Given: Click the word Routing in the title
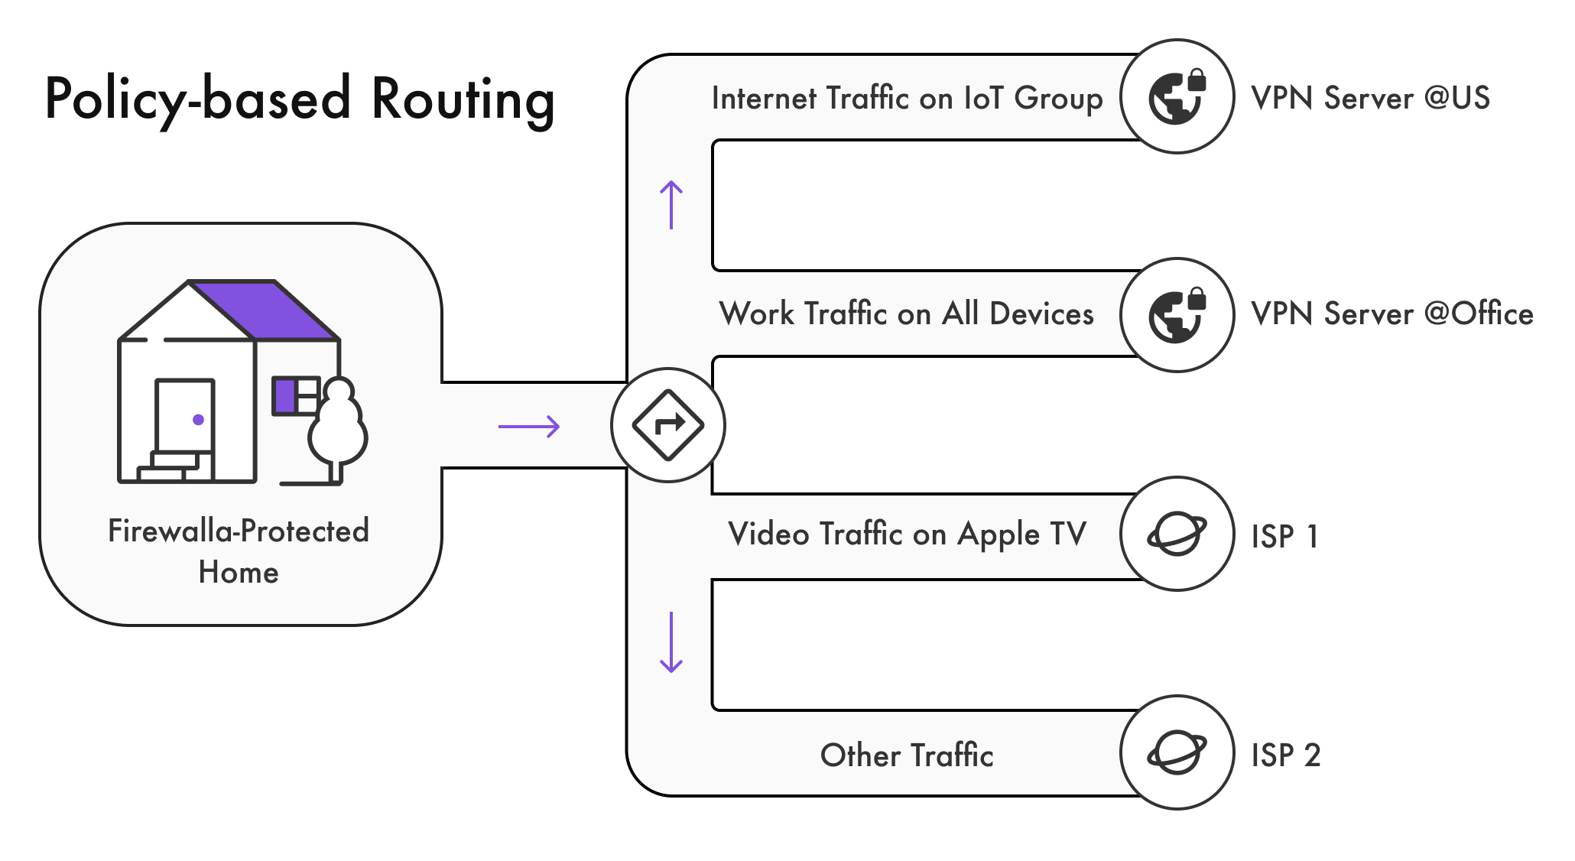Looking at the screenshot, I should coord(463,99).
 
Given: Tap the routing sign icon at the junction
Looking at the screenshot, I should coord(668,425).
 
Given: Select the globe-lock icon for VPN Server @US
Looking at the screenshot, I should coord(1177,96).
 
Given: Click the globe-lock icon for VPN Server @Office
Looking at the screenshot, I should coord(1177,315).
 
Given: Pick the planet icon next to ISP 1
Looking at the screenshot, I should coord(1177,534).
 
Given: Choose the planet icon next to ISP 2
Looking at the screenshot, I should coord(1177,752).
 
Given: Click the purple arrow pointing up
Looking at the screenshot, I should coord(671,205).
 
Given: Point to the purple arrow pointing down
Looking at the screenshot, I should coord(671,642).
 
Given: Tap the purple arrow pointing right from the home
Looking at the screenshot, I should coord(529,426).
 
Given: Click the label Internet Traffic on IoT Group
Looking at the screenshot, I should coord(907,99).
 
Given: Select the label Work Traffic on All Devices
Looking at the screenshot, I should coord(907,314).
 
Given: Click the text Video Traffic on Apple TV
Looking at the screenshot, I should coord(907,534).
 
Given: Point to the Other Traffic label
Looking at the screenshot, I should coord(907,755).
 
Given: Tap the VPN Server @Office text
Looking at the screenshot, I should coord(1392,314).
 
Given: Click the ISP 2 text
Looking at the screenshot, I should coord(1285,755).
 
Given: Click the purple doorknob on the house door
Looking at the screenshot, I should coord(198,420).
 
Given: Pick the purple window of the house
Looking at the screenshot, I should coord(286,396).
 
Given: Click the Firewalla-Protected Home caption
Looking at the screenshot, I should coord(239,551).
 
